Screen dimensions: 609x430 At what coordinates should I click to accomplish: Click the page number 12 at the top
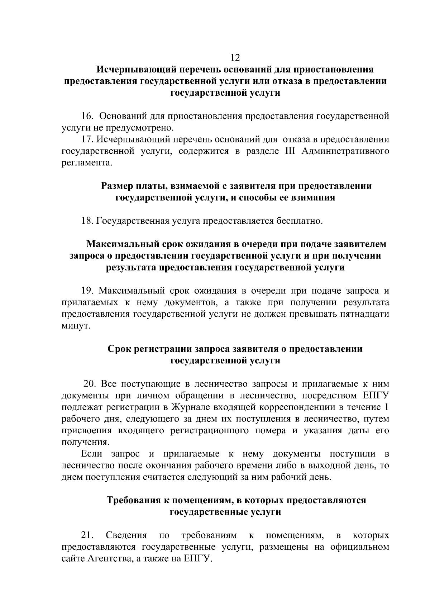235,57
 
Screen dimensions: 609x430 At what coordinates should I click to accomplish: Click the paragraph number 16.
88,116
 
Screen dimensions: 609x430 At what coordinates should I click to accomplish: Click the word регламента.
87,163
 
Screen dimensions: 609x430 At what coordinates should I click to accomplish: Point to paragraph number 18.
88,221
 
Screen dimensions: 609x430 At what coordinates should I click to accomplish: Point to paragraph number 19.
88,291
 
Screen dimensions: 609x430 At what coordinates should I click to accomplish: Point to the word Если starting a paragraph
92,454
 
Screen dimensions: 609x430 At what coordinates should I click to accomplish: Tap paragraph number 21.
88,535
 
